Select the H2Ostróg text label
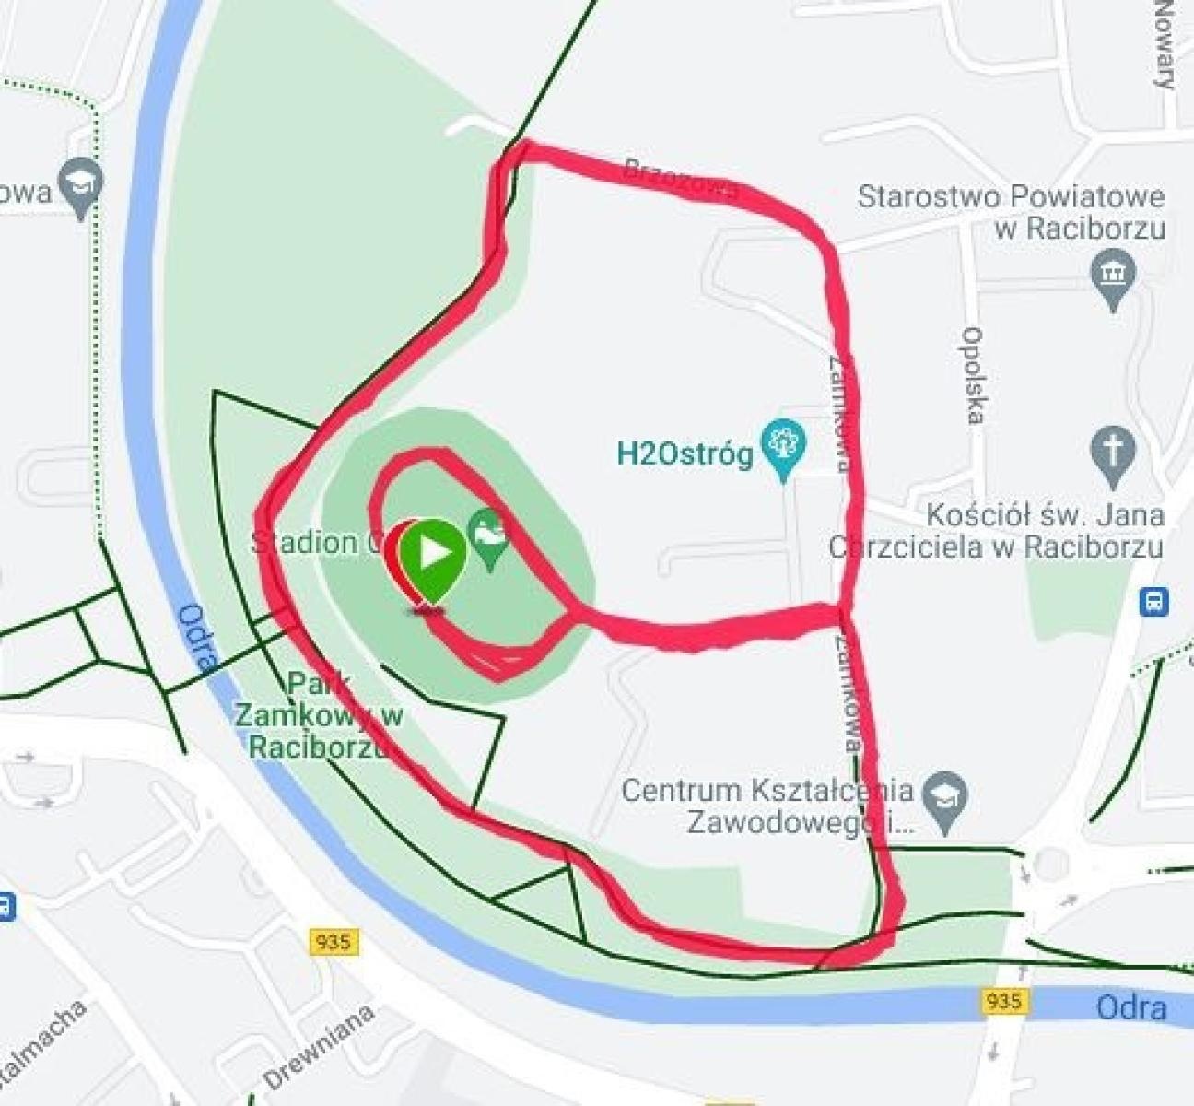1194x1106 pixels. [685, 453]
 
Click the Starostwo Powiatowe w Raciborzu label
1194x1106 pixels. [1011, 212]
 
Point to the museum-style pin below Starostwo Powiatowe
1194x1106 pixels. [1113, 274]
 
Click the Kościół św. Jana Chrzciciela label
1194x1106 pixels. [997, 530]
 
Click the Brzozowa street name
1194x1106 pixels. [681, 179]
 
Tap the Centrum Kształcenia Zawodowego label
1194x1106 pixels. [767, 805]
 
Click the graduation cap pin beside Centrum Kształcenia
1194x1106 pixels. [943, 797]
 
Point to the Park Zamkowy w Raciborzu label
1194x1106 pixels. [318, 715]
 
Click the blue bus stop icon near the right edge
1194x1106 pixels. [1153, 603]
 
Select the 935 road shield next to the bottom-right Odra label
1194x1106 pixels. [1003, 1000]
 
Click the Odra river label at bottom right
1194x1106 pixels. [1131, 1007]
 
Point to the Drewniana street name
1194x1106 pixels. [319, 1046]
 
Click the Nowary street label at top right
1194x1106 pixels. [1165, 46]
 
